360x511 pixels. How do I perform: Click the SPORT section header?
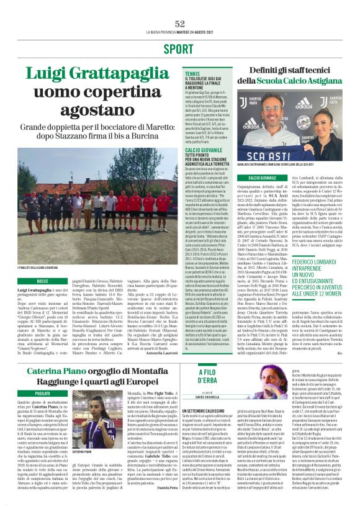[180, 49]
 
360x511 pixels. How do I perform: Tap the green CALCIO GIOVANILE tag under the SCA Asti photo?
[263, 178]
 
